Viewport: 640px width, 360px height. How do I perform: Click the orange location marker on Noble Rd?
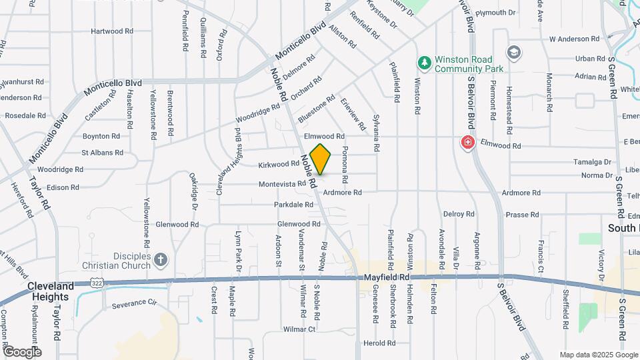click(320, 159)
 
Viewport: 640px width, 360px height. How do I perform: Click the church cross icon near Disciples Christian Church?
click(161, 259)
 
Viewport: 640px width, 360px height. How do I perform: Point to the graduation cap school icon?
click(513, 52)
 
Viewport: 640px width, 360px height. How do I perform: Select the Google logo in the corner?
click(21, 351)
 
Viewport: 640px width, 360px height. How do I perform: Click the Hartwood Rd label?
click(112, 31)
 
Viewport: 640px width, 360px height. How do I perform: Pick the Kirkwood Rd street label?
click(279, 164)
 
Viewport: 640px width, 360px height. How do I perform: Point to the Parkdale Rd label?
click(293, 205)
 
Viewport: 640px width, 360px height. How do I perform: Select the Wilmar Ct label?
click(299, 329)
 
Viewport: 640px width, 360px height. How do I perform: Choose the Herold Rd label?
click(380, 343)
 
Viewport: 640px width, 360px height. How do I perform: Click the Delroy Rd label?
click(459, 214)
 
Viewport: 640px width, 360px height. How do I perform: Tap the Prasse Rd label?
click(522, 215)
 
